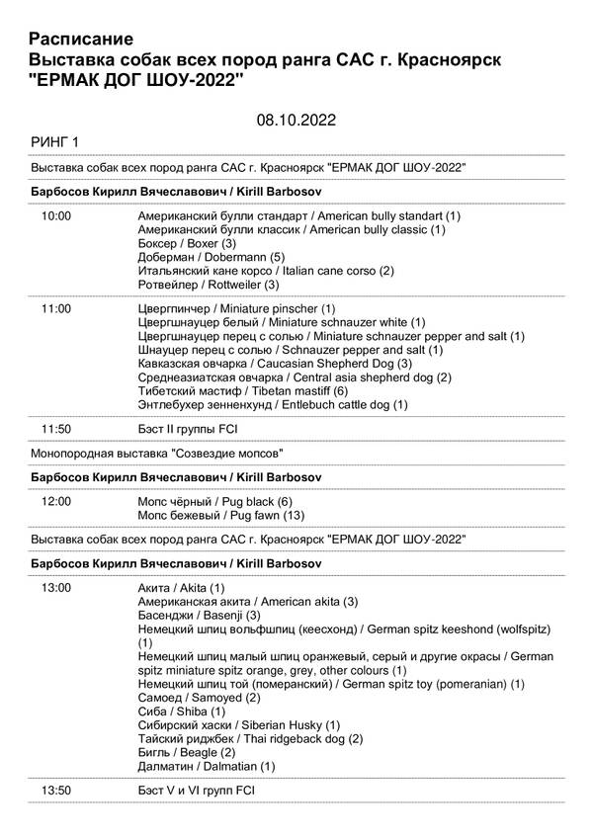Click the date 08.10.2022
[x=296, y=121]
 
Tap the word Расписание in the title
[x=82, y=40]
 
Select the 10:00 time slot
[x=56, y=215]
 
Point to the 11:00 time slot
[x=56, y=309]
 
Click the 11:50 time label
[x=56, y=429]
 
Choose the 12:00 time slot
[x=56, y=502]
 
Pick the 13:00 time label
[x=56, y=588]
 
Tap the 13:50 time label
[x=56, y=791]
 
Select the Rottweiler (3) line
[x=209, y=285]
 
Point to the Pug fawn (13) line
[x=220, y=516]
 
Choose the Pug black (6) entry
[x=215, y=502]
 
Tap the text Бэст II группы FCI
[x=188, y=429]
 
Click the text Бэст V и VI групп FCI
[x=197, y=791]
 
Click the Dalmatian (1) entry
[x=207, y=766]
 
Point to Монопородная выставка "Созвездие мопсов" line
[x=156, y=454]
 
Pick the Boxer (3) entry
[x=187, y=243]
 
